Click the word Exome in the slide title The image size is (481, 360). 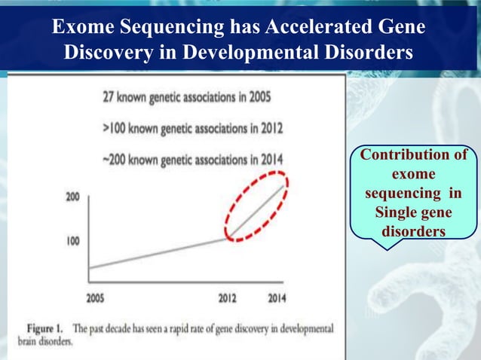(x=81, y=28)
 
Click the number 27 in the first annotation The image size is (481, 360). (x=109, y=97)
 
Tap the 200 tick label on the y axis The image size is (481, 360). (x=72, y=197)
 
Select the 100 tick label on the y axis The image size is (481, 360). (x=72, y=242)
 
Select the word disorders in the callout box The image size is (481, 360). (x=413, y=231)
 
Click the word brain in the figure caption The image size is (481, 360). (x=29, y=341)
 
